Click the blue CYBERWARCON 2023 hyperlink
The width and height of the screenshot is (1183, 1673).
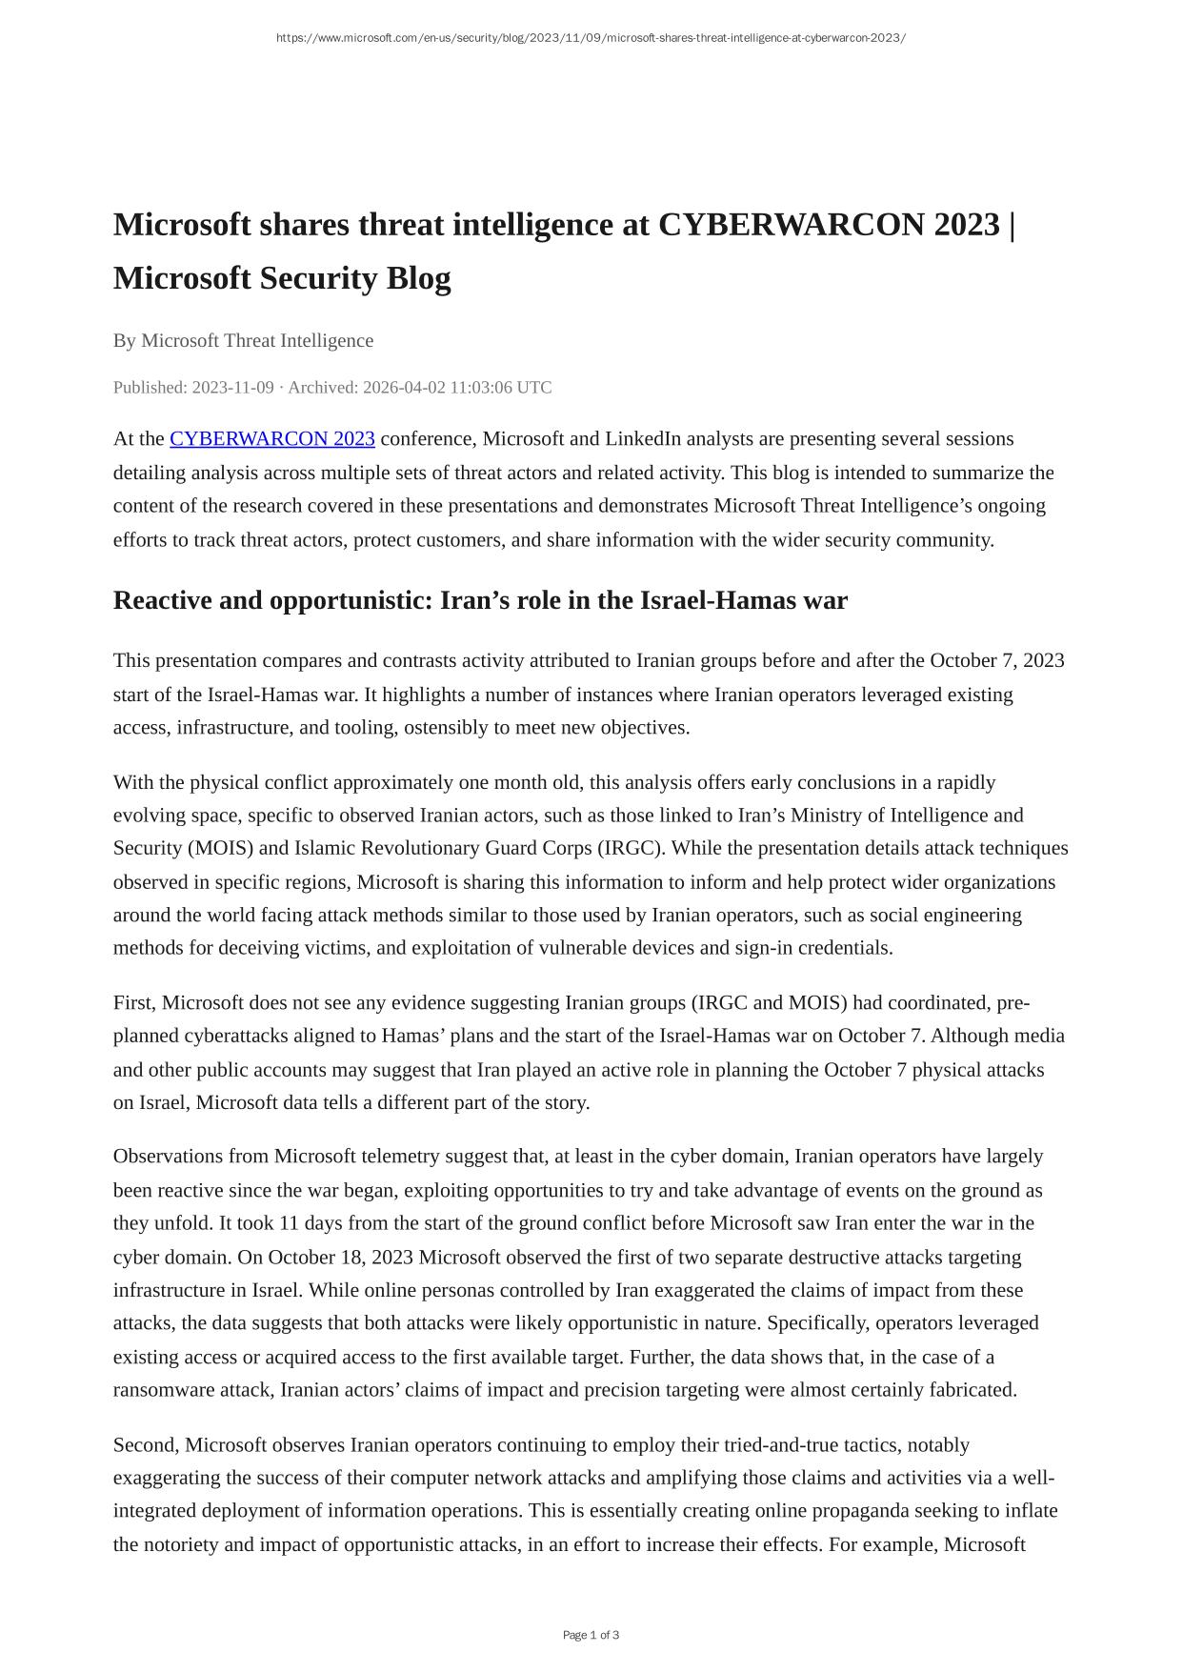pos(271,439)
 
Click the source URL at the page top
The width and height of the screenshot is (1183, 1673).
pos(591,38)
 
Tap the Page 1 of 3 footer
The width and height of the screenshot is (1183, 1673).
pos(591,1635)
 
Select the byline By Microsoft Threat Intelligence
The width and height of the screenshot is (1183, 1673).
pos(243,341)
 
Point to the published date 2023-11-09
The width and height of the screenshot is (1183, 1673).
pos(232,388)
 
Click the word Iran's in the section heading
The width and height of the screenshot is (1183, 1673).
pos(479,601)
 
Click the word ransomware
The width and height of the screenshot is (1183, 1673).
pos(165,1390)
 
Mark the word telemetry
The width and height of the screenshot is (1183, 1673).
pos(382,1157)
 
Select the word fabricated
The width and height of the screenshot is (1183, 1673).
pos(970,1390)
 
